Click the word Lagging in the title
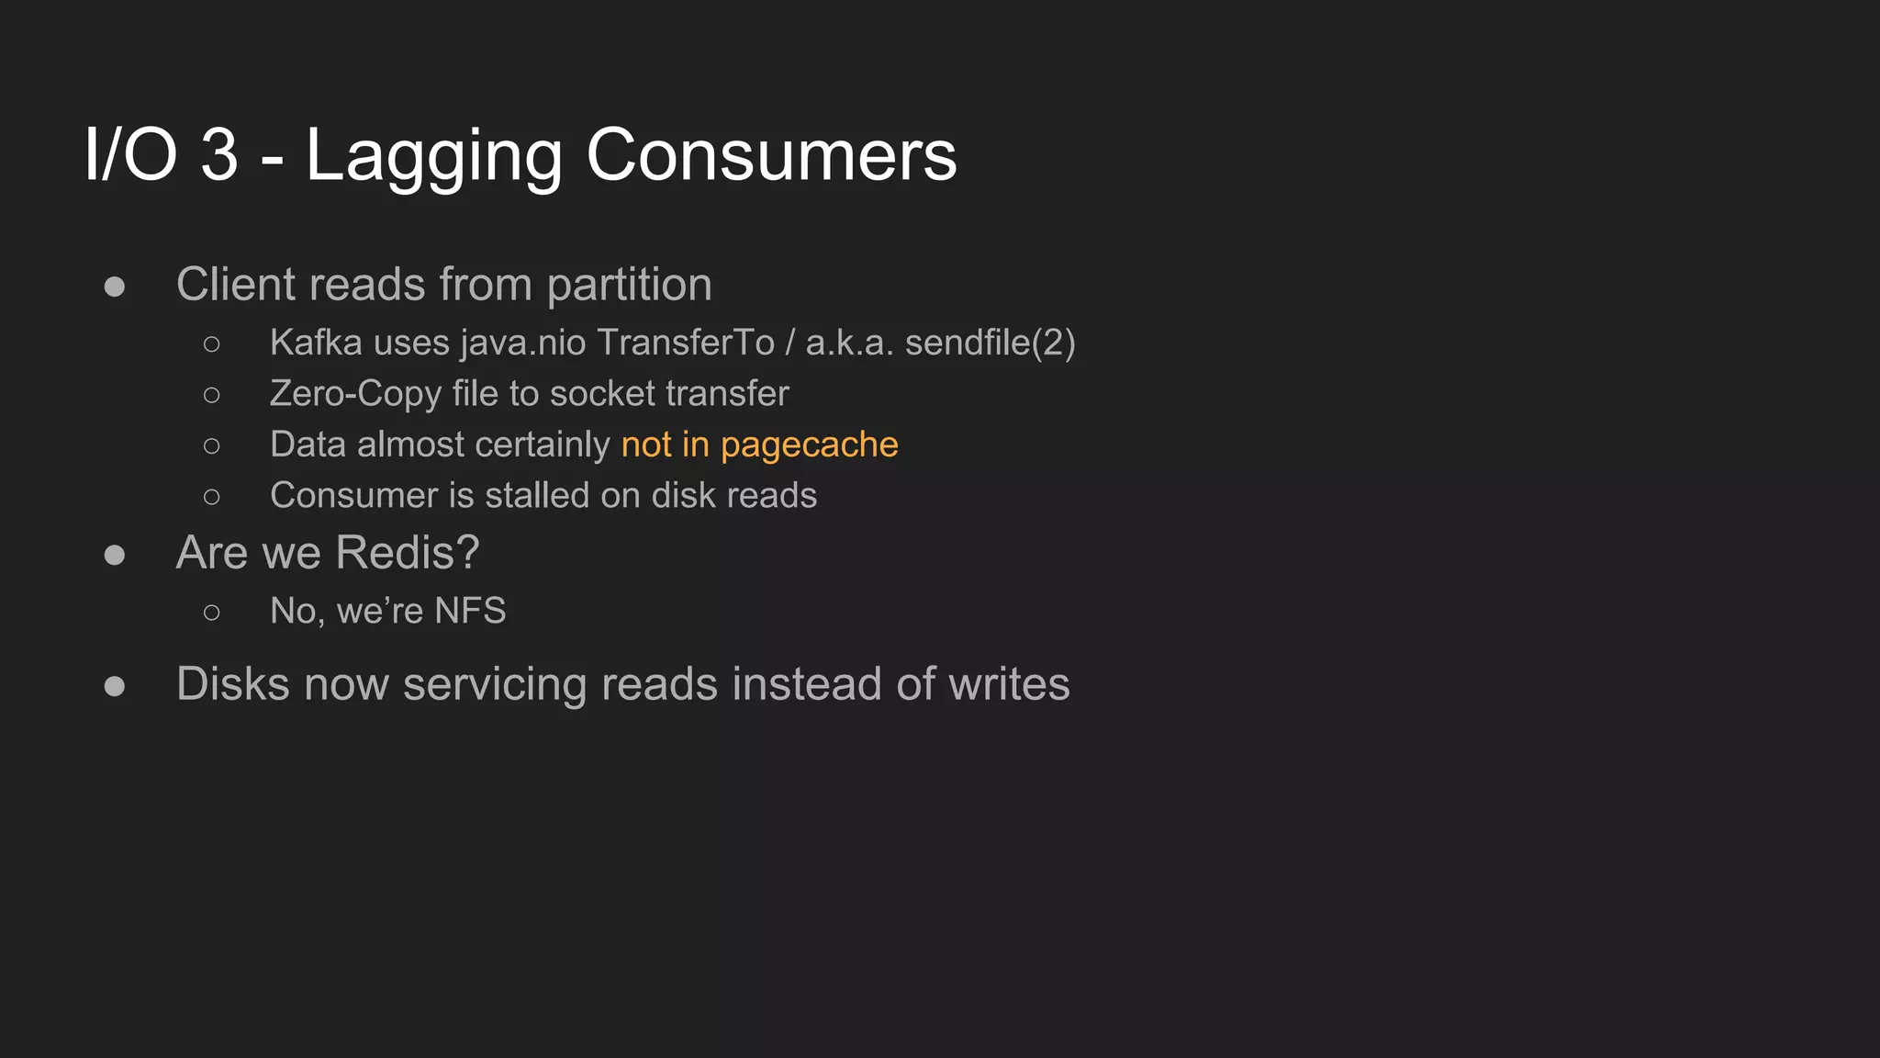(433, 156)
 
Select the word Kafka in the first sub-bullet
(316, 343)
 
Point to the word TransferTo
(686, 343)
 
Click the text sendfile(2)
(990, 343)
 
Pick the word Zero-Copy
(355, 394)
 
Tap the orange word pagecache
(809, 445)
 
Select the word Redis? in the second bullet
(407, 553)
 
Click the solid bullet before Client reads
(115, 287)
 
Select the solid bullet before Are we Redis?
(115, 555)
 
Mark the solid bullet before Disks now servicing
(115, 686)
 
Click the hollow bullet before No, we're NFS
(212, 613)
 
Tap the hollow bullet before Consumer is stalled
(212, 498)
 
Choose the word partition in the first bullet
(629, 286)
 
